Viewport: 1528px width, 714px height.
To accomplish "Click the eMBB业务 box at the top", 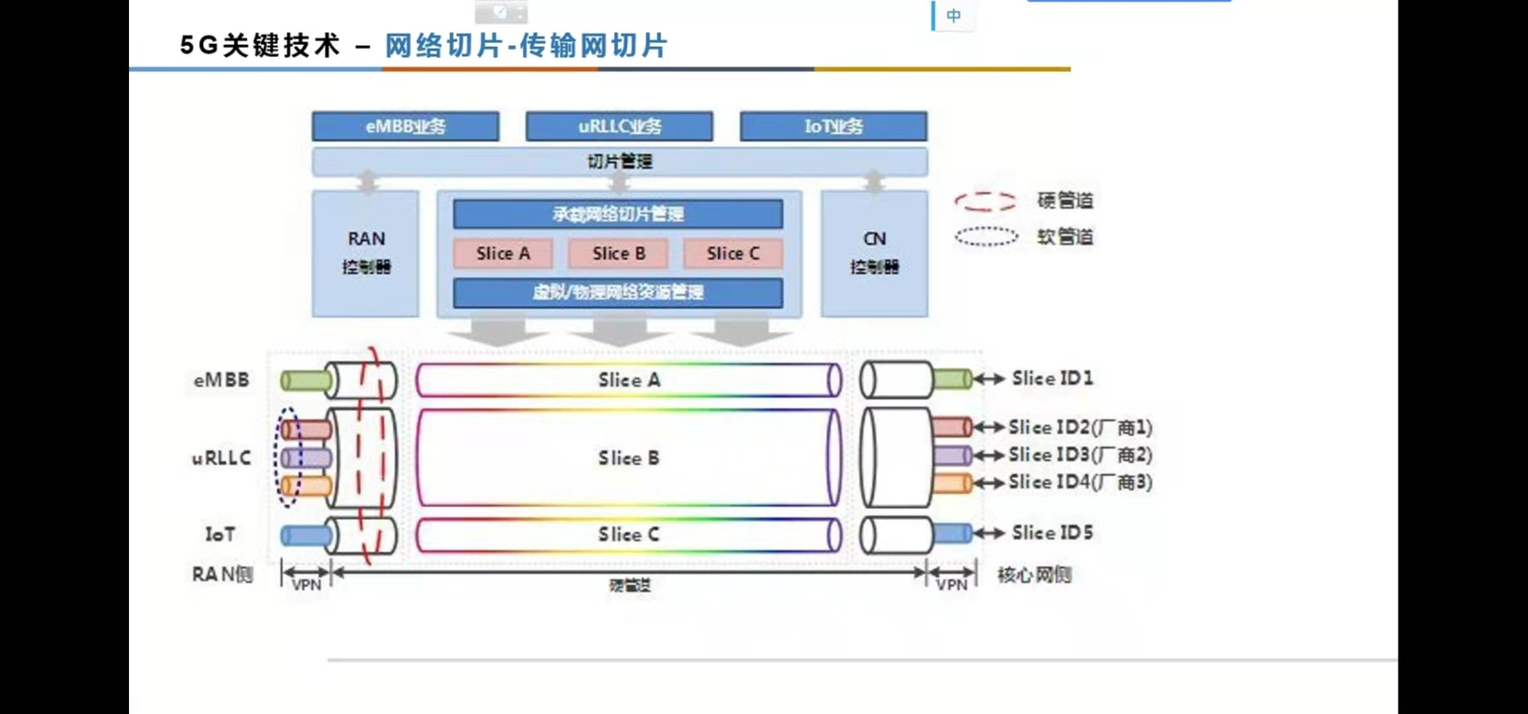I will pos(405,126).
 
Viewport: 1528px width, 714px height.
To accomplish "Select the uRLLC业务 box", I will pos(619,126).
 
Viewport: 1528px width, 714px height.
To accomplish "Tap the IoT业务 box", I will pos(833,126).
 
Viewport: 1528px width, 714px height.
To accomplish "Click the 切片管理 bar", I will pos(619,161).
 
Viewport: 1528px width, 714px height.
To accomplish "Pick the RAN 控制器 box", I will pos(365,253).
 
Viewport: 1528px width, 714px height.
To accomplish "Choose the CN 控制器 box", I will pos(874,253).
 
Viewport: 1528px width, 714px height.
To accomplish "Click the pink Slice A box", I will pos(503,254).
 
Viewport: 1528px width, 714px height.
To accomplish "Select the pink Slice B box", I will pos(618,254).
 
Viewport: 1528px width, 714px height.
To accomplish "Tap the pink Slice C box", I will pos(733,254).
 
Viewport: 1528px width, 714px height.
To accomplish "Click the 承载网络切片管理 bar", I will pos(618,214).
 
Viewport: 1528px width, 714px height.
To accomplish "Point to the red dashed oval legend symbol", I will pos(985,201).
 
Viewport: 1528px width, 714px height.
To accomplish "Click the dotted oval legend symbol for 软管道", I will pos(986,237).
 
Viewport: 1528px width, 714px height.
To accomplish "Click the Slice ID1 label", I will pos(1052,379).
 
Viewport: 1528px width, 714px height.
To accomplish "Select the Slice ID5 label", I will pos(1052,533).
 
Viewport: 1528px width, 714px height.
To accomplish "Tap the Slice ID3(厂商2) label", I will pos(1080,455).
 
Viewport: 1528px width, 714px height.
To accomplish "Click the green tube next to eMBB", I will pos(306,380).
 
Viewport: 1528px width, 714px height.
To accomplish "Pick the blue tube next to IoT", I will pos(306,535).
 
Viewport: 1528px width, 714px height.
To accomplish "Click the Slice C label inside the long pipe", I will pos(628,534).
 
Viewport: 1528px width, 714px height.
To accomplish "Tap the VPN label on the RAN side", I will pos(306,585).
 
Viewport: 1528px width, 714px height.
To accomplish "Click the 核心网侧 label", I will pos(1034,575).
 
